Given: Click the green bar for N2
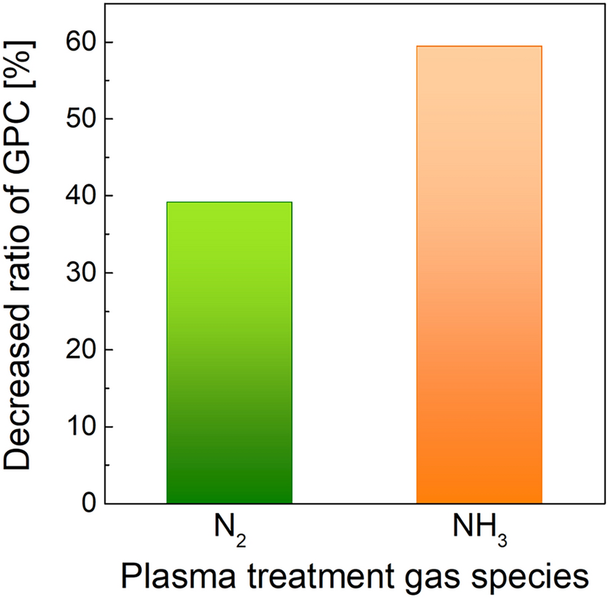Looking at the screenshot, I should (230, 352).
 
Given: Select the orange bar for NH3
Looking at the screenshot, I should (479, 275).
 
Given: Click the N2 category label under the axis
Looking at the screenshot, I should (230, 531).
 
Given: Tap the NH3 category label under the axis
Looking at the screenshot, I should (480, 531).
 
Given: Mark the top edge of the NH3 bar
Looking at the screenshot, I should (479, 46).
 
